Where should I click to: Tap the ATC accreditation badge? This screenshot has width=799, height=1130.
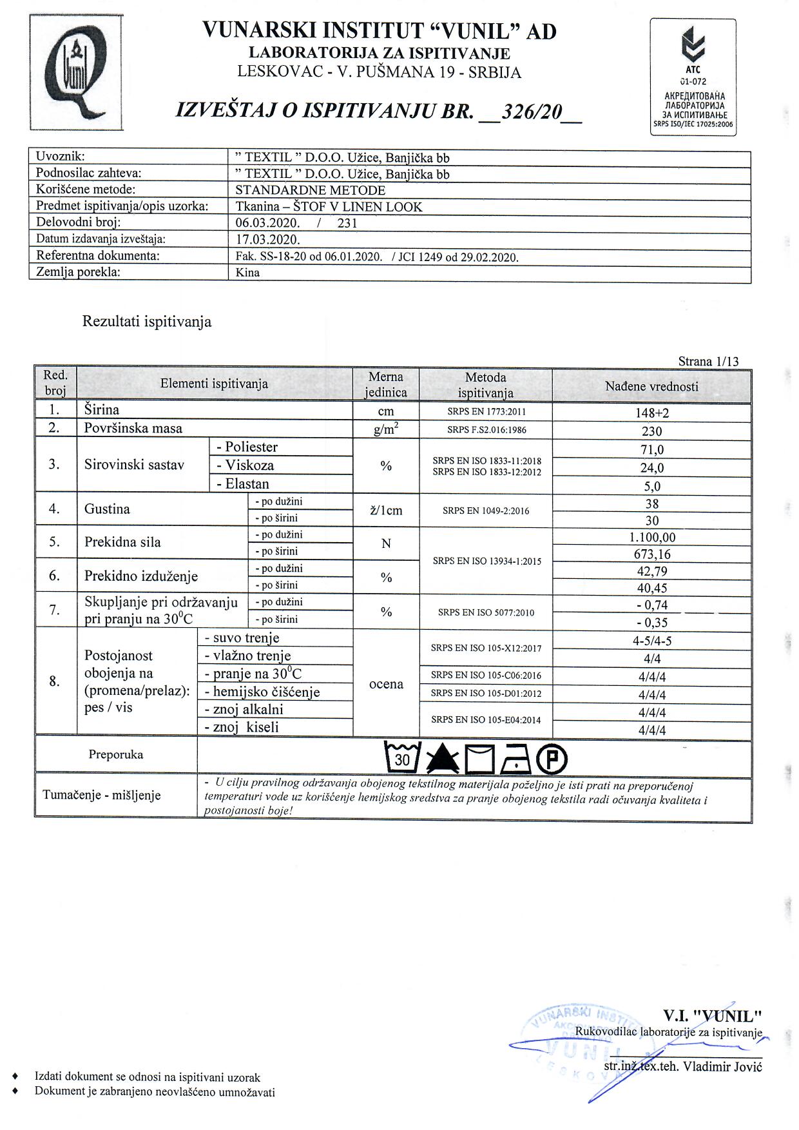[693, 77]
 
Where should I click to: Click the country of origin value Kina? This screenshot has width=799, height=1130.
[248, 272]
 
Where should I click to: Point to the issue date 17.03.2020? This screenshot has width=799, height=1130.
[268, 240]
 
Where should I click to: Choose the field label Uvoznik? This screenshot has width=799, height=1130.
[61, 156]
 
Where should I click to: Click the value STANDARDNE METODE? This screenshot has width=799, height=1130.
[311, 190]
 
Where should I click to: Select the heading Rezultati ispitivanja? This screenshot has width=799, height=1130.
[147, 322]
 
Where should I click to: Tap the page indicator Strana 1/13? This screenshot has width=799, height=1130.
[708, 361]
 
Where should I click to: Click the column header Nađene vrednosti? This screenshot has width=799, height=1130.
[651, 386]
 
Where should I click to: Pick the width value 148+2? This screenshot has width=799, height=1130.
[651, 413]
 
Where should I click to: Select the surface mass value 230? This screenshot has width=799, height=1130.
[651, 431]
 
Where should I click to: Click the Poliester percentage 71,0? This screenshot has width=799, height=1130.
[651, 450]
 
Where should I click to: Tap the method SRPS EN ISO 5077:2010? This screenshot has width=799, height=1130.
[486, 612]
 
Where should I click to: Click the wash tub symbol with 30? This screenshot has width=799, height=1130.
[403, 757]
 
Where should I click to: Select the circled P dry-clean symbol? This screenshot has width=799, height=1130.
[552, 759]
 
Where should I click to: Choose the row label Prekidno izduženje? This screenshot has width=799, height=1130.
[141, 576]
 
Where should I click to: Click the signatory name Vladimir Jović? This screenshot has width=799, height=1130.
[722, 1066]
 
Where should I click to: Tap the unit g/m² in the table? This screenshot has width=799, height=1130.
[386, 430]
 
